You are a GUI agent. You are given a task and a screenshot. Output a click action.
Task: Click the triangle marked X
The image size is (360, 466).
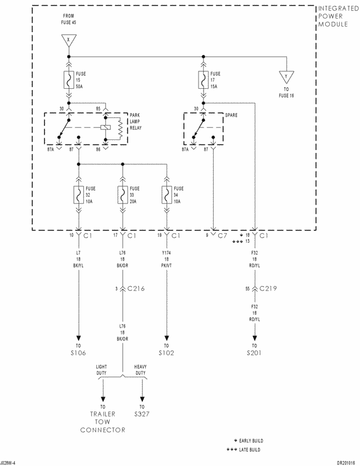69,40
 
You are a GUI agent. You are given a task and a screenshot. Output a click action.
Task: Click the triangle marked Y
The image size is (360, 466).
286,76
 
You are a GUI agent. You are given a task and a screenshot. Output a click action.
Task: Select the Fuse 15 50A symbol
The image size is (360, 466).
69,80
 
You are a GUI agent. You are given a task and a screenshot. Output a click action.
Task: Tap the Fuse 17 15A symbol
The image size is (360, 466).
202,80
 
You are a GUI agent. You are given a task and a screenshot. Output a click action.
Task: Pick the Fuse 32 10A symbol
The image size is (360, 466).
78,195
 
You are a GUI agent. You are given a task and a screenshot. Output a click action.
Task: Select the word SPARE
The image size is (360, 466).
231,115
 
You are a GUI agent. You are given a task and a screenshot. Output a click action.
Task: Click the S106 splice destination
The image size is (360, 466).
78,354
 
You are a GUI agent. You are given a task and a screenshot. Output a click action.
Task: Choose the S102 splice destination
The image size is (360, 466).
166,354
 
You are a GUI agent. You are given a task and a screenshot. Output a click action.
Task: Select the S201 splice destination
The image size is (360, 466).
255,354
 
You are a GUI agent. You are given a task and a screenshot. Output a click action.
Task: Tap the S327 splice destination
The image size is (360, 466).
142,414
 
